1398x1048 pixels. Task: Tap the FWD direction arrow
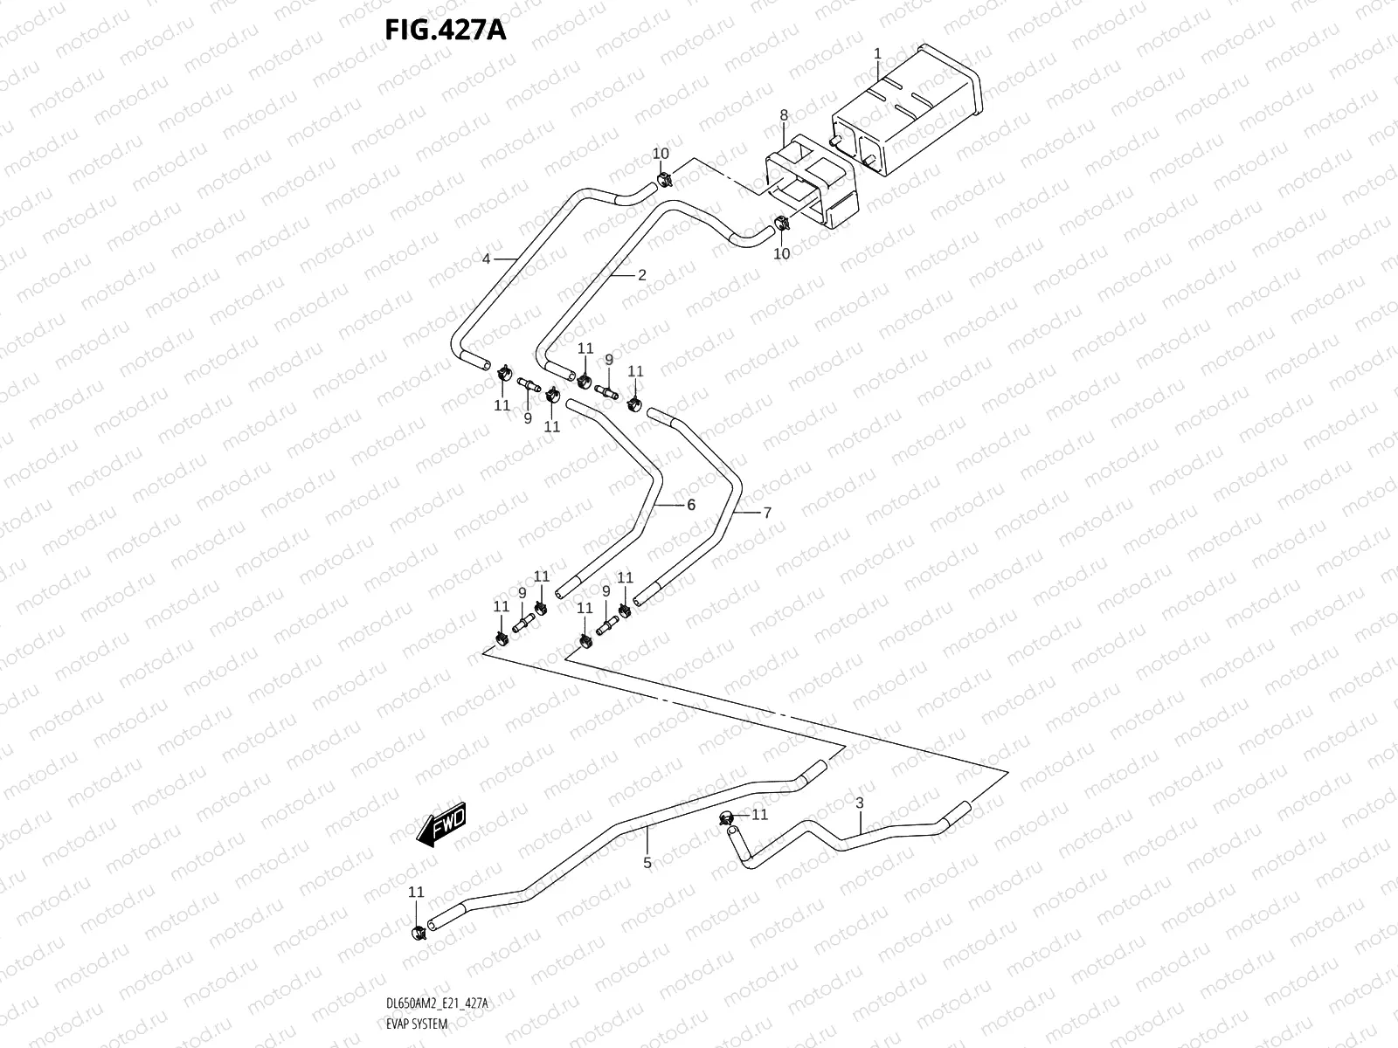pyautogui.click(x=443, y=824)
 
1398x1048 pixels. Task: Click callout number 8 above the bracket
pyautogui.click(x=784, y=115)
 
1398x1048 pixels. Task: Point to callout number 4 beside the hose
pyautogui.click(x=487, y=259)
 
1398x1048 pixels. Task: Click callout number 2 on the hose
pyautogui.click(x=641, y=275)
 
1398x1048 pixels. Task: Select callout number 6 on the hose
pyautogui.click(x=690, y=505)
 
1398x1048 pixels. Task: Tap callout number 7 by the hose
pyautogui.click(x=767, y=513)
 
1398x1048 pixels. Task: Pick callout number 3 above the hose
pyautogui.click(x=860, y=803)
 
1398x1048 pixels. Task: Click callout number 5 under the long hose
pyautogui.click(x=647, y=863)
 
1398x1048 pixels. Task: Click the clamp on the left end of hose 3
pyautogui.click(x=725, y=818)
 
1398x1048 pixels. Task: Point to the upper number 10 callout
pyautogui.click(x=661, y=154)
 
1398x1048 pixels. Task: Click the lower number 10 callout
pyautogui.click(x=782, y=253)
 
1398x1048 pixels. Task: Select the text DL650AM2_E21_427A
pyautogui.click(x=436, y=1005)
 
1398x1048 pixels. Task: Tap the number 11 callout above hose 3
pyautogui.click(x=760, y=814)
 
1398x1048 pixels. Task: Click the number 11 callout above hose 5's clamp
pyautogui.click(x=416, y=892)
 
